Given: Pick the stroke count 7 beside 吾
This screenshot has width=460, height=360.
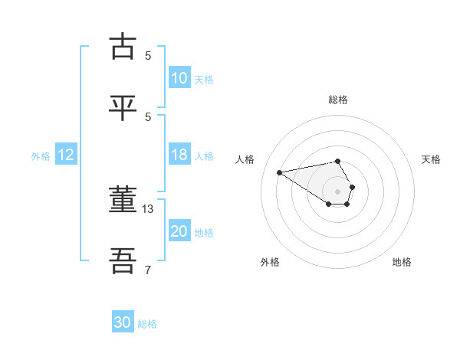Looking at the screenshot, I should [148, 270].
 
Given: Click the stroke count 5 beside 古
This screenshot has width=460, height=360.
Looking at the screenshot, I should [148, 55].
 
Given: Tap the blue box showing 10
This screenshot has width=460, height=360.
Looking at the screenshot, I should [179, 78].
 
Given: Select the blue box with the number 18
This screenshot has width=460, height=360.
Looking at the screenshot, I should [179, 155].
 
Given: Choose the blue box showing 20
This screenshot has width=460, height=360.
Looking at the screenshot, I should [179, 231].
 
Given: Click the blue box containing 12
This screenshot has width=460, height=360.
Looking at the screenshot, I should [66, 155].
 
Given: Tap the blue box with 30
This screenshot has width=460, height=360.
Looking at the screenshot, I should [123, 322].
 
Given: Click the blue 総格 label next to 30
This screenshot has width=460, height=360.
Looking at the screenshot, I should [148, 324].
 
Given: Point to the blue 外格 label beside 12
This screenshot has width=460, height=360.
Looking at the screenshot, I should [41, 156].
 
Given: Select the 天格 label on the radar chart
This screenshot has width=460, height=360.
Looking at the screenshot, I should [431, 159].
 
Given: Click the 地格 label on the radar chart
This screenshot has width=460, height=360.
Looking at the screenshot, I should [402, 262].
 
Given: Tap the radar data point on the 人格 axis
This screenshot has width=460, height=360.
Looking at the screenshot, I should [280, 172].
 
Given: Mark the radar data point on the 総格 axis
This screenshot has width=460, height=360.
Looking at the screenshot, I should [337, 161].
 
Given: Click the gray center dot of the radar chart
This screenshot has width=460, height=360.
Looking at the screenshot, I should [337, 191].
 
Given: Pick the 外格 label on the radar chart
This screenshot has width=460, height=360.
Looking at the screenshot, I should [270, 262].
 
